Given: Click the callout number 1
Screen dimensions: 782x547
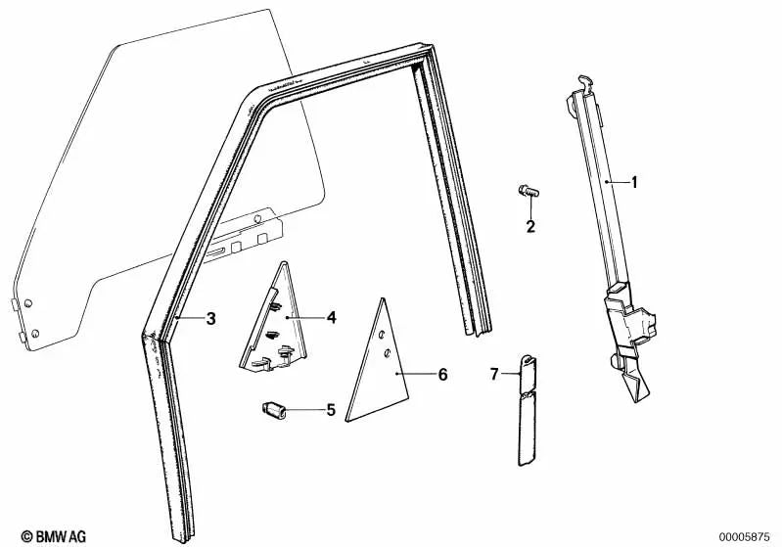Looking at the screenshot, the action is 634,183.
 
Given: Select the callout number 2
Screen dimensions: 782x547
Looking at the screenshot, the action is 530,226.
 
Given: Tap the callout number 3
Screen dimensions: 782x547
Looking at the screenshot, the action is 211,318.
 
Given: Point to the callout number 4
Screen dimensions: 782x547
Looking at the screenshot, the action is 332,317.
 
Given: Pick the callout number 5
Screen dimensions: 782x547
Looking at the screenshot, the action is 331,410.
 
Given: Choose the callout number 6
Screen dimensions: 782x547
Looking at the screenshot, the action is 442,374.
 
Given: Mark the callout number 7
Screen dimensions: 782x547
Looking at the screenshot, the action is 494,374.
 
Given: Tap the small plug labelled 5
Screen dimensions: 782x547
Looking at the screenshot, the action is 274,410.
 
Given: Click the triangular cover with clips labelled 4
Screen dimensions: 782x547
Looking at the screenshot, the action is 275,319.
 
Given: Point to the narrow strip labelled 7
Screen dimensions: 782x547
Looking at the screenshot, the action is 527,410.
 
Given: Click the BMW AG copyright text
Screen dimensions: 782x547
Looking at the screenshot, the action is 54,536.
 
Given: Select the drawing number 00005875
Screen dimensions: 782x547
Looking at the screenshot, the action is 744,537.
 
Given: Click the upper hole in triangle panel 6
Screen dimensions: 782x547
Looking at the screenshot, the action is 382,335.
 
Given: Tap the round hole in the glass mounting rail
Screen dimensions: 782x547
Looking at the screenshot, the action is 257,218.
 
